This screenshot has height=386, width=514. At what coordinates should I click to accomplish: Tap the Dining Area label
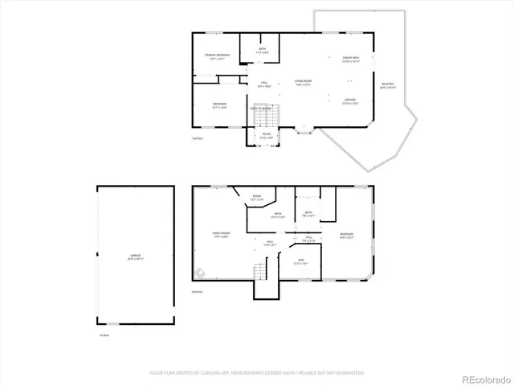(350, 60)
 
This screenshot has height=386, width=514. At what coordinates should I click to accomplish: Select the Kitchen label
(350, 101)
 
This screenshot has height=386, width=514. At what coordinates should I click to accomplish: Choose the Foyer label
(267, 137)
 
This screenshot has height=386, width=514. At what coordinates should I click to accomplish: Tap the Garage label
(135, 257)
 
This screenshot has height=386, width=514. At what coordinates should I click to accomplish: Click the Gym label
(301, 261)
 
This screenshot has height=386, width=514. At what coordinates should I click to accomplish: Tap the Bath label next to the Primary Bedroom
(262, 51)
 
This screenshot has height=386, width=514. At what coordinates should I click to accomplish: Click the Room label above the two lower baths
(257, 198)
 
